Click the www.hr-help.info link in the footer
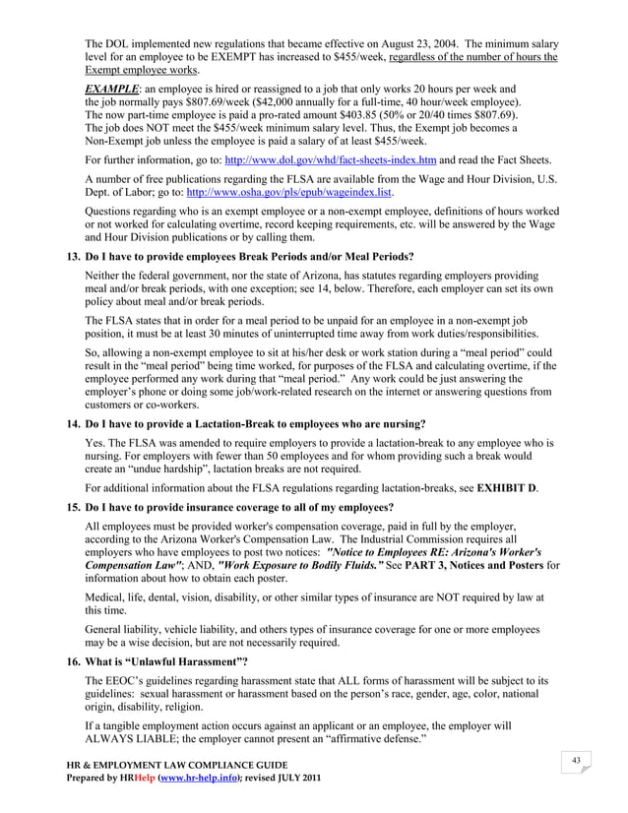point(181,781)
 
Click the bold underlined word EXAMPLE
point(111,89)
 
